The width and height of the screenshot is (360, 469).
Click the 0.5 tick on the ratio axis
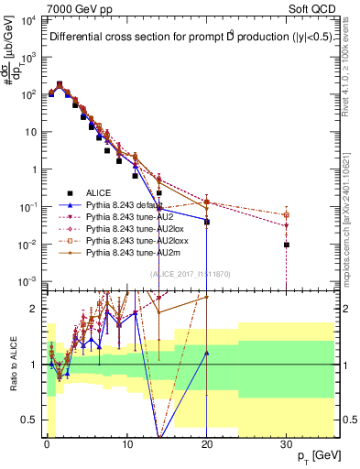point(29,420)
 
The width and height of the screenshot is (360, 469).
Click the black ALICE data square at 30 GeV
point(287,245)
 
